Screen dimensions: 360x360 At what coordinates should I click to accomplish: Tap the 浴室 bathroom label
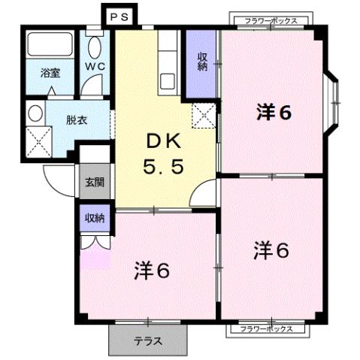click(x=50, y=74)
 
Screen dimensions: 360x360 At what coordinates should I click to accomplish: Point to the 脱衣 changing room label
click(x=76, y=119)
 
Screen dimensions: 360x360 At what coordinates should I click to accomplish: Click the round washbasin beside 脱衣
click(x=35, y=115)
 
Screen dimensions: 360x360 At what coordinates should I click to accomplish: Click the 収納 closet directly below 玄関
click(x=95, y=218)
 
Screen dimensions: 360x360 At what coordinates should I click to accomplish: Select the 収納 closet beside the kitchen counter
click(x=201, y=62)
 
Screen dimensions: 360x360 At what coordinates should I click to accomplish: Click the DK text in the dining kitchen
click(x=161, y=141)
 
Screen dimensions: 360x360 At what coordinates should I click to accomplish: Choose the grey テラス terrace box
click(x=147, y=340)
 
